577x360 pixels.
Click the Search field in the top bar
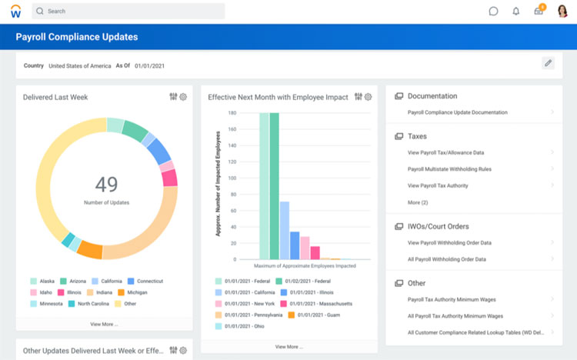131,12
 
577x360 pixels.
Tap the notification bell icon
516,12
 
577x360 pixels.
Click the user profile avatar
562,11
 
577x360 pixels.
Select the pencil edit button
548,63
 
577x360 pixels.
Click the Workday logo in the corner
15,12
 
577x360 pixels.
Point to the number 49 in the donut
106,184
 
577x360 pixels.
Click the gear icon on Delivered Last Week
183,97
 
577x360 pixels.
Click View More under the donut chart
104,324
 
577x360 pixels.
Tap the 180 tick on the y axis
232,113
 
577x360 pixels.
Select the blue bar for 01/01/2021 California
285,230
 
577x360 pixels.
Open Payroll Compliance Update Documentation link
457,112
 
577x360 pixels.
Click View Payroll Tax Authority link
438,185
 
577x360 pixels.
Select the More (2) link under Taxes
418,202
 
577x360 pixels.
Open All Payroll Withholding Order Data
446,259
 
